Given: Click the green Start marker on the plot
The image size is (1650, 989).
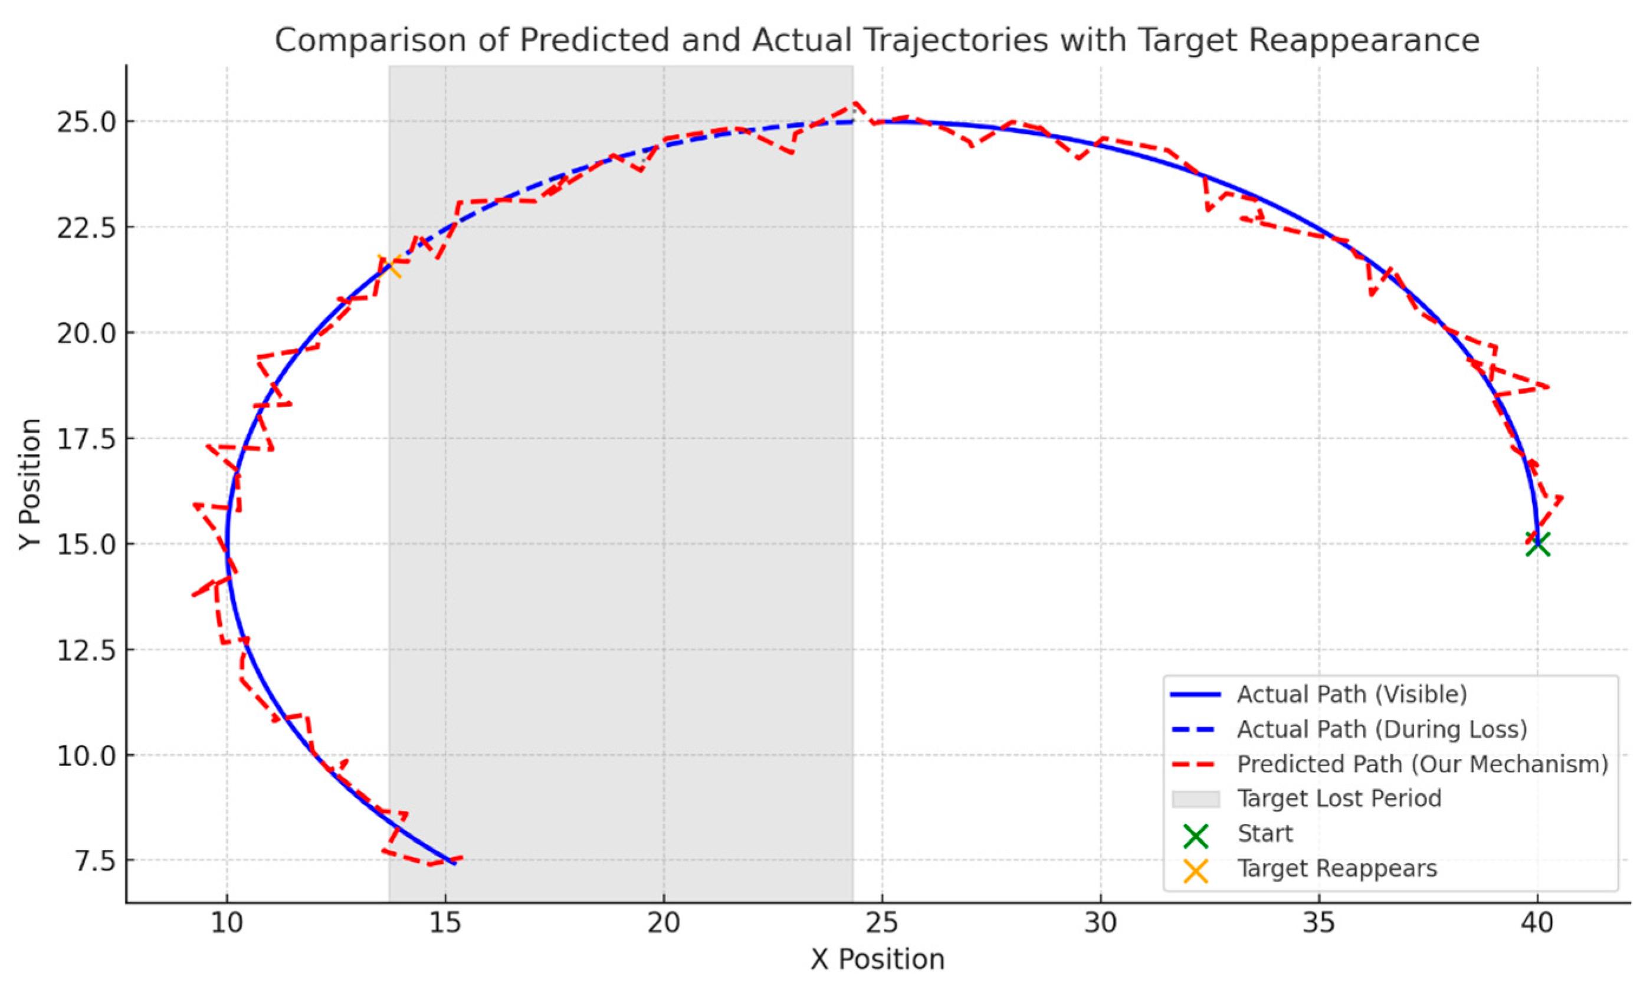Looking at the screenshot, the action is click(x=1537, y=544).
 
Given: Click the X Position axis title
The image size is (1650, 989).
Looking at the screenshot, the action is click(x=877, y=960).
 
